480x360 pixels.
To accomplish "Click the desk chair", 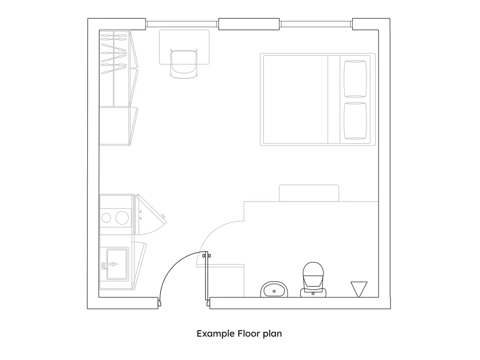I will coord(184,64).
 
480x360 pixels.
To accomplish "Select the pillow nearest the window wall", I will coord(355,78).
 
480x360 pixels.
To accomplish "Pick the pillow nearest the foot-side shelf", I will coord(355,121).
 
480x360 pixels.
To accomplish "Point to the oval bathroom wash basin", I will coord(274,289).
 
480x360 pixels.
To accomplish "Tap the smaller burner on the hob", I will coord(106,218).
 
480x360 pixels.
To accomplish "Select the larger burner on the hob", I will coord(122,218).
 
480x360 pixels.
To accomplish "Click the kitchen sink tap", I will coord(109,264).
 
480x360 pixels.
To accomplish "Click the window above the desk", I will coord(182,24).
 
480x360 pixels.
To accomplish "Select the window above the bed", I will coord(316,24).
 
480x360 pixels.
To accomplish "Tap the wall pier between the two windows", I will coord(248,24).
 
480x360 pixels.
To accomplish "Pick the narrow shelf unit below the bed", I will coord(309,193).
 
